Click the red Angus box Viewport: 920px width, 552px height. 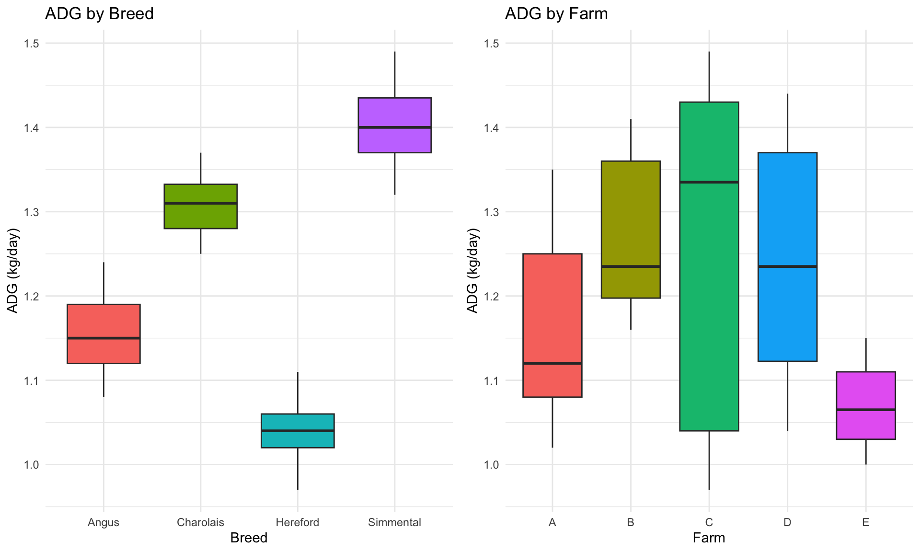point(103,333)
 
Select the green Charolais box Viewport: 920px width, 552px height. point(200,206)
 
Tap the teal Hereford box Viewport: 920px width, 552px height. point(298,430)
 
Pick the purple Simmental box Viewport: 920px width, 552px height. point(395,125)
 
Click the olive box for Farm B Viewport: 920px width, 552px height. point(631,230)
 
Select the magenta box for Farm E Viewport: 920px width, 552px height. point(866,405)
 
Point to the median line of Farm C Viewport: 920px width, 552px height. point(709,182)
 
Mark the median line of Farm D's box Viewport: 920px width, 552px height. point(787,266)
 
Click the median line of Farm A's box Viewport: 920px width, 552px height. point(552,363)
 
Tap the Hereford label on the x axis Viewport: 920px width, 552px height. point(298,522)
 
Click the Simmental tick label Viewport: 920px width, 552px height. point(395,522)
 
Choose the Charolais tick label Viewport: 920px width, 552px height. point(200,522)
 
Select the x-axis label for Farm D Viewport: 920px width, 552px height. point(787,522)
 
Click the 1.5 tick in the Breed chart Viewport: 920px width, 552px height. point(32,44)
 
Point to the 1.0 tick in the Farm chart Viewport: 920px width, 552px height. point(492,465)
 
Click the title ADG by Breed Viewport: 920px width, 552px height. point(99,13)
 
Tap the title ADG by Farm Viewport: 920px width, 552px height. point(556,13)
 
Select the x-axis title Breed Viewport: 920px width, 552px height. point(249,538)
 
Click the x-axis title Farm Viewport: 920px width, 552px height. point(709,538)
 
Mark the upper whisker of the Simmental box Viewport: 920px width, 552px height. point(395,75)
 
